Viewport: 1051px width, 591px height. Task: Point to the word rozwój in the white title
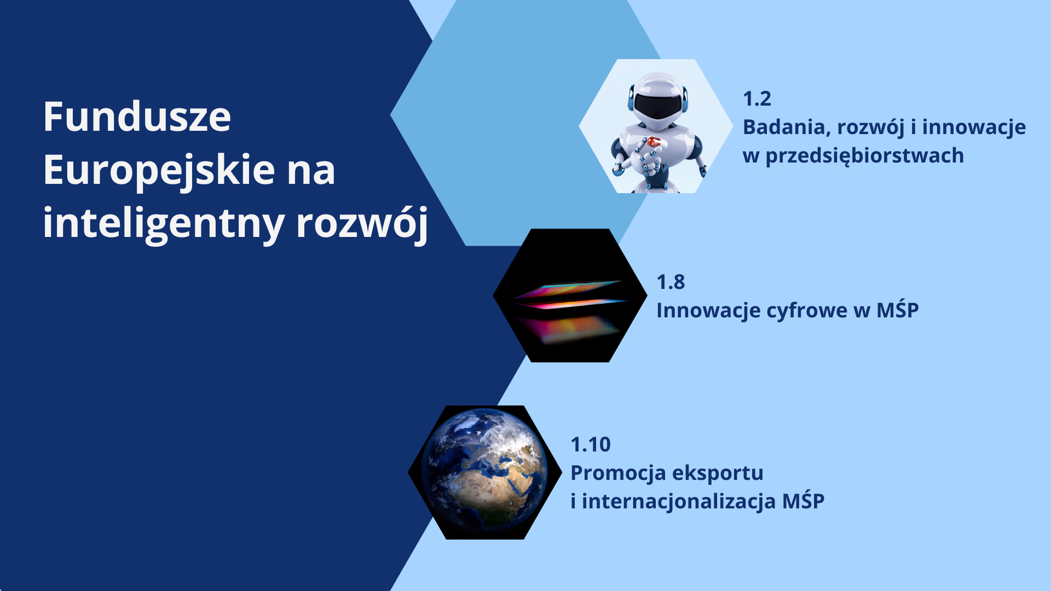pyautogui.click(x=362, y=223)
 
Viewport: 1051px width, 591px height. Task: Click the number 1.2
pyautogui.click(x=757, y=99)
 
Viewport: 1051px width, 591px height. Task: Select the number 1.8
pyautogui.click(x=671, y=282)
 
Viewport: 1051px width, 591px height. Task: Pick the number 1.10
pyautogui.click(x=591, y=445)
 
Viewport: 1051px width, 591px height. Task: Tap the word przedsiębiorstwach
pyautogui.click(x=864, y=157)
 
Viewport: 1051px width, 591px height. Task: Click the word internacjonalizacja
pyautogui.click(x=679, y=502)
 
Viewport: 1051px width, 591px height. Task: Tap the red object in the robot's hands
pyautogui.click(x=652, y=142)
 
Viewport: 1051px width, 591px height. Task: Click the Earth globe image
pyautogui.click(x=484, y=472)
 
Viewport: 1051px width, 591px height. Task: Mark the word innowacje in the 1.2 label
pyautogui.click(x=974, y=128)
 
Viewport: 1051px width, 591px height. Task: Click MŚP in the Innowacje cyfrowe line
pyautogui.click(x=898, y=310)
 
